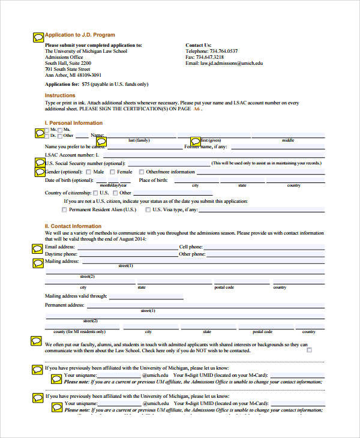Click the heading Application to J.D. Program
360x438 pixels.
point(80,35)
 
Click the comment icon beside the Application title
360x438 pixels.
point(38,37)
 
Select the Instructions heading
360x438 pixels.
point(60,95)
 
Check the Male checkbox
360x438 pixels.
point(89,172)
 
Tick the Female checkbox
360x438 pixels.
point(112,172)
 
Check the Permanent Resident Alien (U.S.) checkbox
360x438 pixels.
point(65,210)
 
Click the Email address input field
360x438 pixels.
point(127,247)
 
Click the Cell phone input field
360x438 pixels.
point(265,247)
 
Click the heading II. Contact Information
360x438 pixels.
point(73,226)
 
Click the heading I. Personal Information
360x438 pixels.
point(74,123)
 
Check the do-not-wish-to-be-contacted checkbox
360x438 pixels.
point(310,350)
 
